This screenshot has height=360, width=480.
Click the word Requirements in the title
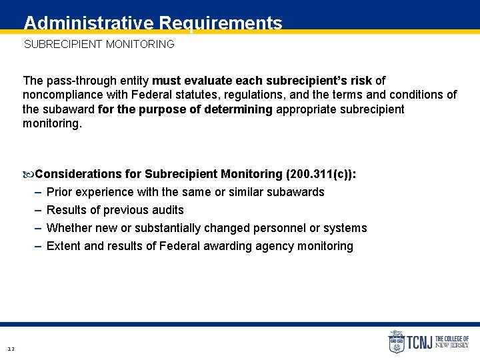point(220,24)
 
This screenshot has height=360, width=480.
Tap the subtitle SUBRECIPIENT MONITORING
point(99,45)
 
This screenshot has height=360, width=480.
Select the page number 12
point(11,349)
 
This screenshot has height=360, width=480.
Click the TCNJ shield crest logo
point(396,342)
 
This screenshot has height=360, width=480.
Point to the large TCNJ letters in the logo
point(419,343)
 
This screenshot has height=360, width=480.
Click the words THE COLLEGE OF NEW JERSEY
point(452,342)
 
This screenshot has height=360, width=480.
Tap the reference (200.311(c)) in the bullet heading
point(321,174)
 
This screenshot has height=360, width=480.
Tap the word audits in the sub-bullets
point(167,210)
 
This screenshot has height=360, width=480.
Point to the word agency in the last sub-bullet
point(279,246)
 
